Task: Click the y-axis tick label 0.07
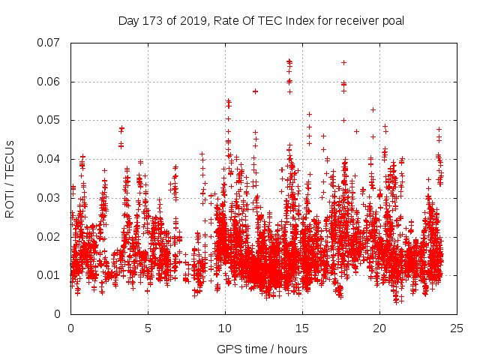click(x=50, y=43)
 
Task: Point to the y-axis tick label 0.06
click(x=50, y=82)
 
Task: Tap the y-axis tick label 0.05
click(x=50, y=120)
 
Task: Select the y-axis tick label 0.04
click(x=50, y=159)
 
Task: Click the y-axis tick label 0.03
click(x=50, y=198)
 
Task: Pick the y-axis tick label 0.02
click(x=50, y=237)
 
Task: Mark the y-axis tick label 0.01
click(x=50, y=275)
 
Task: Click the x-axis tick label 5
click(x=148, y=328)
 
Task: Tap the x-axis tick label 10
click(x=225, y=328)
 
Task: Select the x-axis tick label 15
click(x=302, y=328)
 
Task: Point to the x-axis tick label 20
click(x=379, y=328)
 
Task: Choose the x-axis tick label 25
click(x=457, y=328)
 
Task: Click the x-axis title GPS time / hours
click(x=262, y=349)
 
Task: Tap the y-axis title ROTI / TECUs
click(x=10, y=178)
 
